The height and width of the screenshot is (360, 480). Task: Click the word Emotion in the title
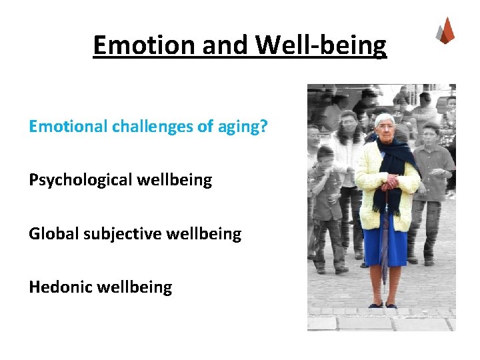coord(135,45)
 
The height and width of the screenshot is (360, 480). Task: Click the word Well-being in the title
coord(321,45)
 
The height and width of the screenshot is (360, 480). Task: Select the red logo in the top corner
coord(445,31)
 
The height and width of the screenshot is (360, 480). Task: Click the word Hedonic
coord(61,287)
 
